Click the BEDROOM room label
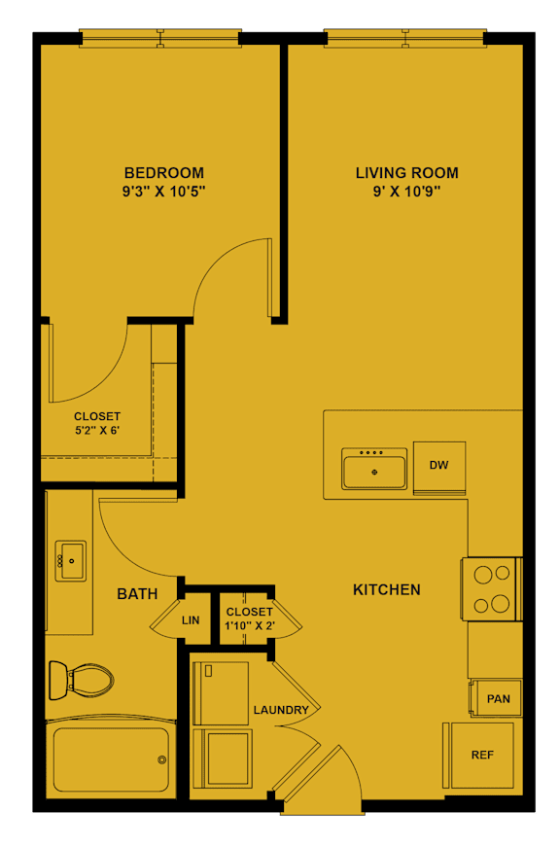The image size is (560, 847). click(163, 173)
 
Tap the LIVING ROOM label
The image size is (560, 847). click(406, 173)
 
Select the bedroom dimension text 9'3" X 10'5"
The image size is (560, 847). click(163, 192)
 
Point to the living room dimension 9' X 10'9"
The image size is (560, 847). click(406, 192)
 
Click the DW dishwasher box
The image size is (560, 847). click(439, 466)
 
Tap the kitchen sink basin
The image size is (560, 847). click(374, 472)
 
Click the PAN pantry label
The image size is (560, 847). click(499, 698)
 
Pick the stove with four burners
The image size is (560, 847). click(491, 589)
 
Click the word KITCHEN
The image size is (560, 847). click(386, 589)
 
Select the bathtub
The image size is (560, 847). click(110, 759)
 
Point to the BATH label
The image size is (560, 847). click(137, 593)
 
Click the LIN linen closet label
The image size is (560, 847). click(191, 619)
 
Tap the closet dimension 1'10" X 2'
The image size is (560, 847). click(249, 625)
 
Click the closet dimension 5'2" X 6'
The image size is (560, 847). click(97, 430)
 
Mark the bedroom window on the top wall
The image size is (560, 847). click(159, 39)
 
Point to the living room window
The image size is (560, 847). click(404, 39)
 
